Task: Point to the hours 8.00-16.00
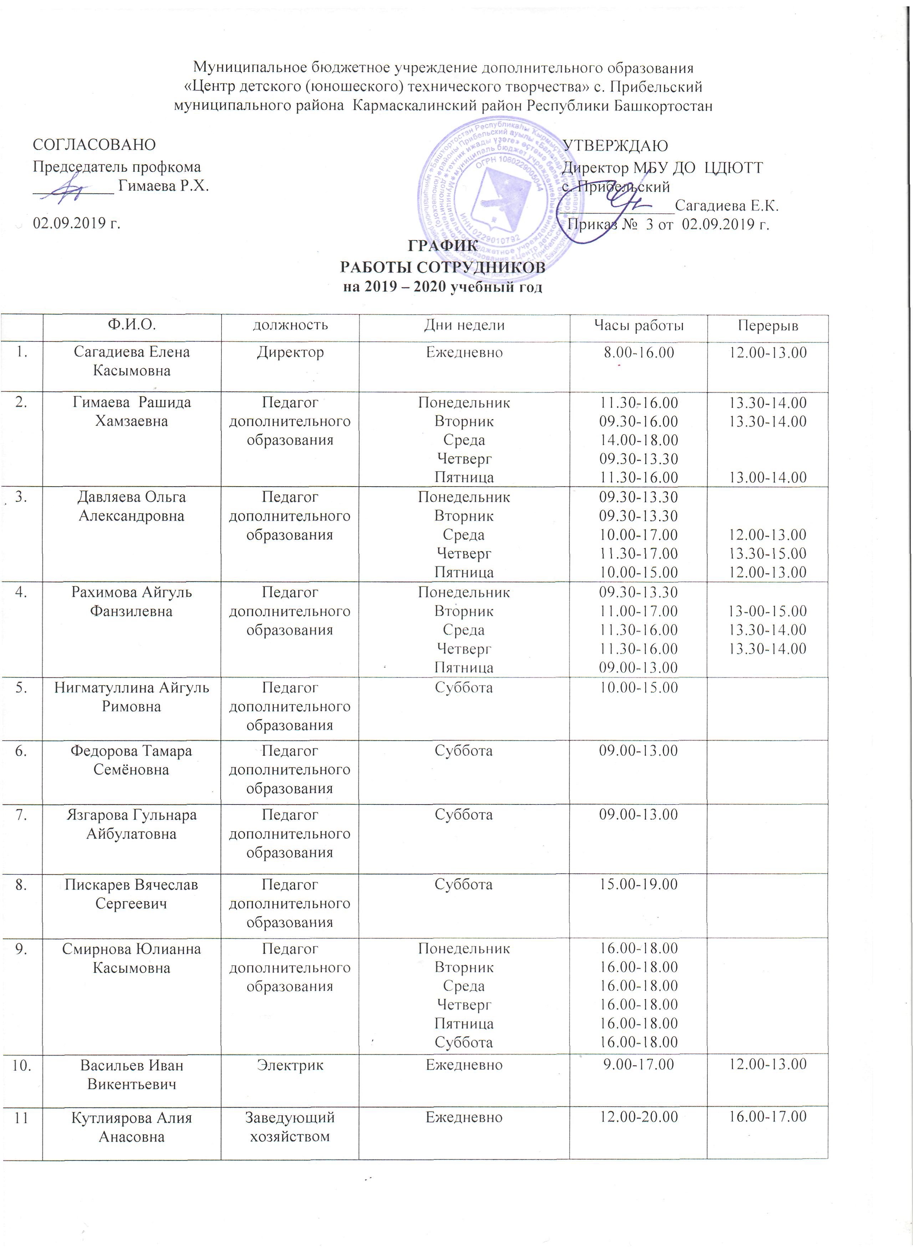(638, 352)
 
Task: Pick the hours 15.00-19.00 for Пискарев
(638, 884)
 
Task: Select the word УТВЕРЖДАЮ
(614, 146)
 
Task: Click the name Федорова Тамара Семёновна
(132, 760)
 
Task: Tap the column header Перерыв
(767, 326)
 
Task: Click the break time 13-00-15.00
(767, 611)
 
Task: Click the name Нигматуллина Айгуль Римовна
(132, 697)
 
